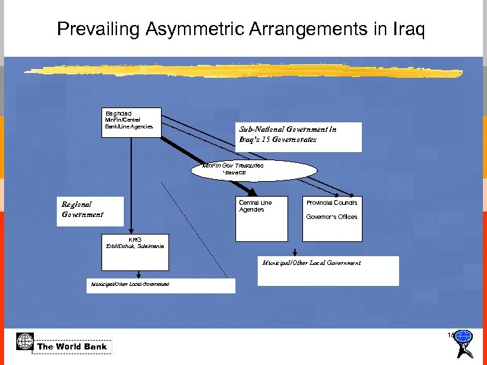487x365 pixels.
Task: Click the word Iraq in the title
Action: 407,29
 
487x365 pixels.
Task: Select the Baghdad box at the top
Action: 131,122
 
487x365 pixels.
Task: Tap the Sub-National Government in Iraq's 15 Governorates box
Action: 298,137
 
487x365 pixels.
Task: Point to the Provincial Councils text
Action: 331,203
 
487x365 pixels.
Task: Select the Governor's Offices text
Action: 331,217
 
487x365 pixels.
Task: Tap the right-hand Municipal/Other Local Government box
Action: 330,270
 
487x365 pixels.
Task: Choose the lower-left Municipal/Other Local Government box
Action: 160,285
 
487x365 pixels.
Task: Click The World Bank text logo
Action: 72,347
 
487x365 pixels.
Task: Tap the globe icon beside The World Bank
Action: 25,341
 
